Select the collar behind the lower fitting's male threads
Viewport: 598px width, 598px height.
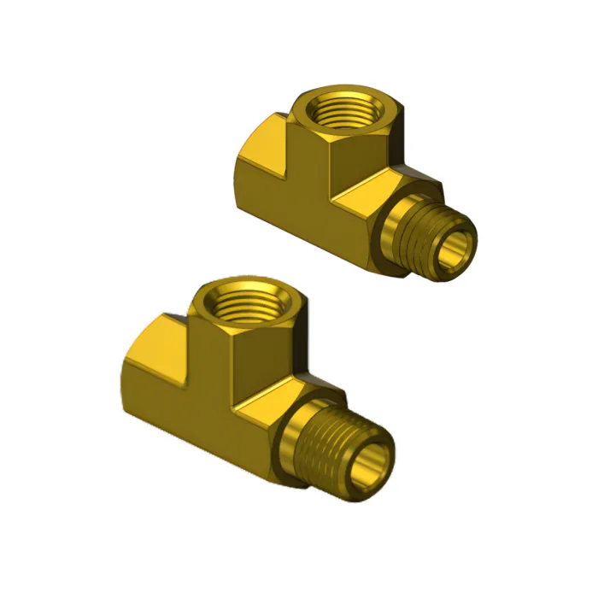pos(290,444)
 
